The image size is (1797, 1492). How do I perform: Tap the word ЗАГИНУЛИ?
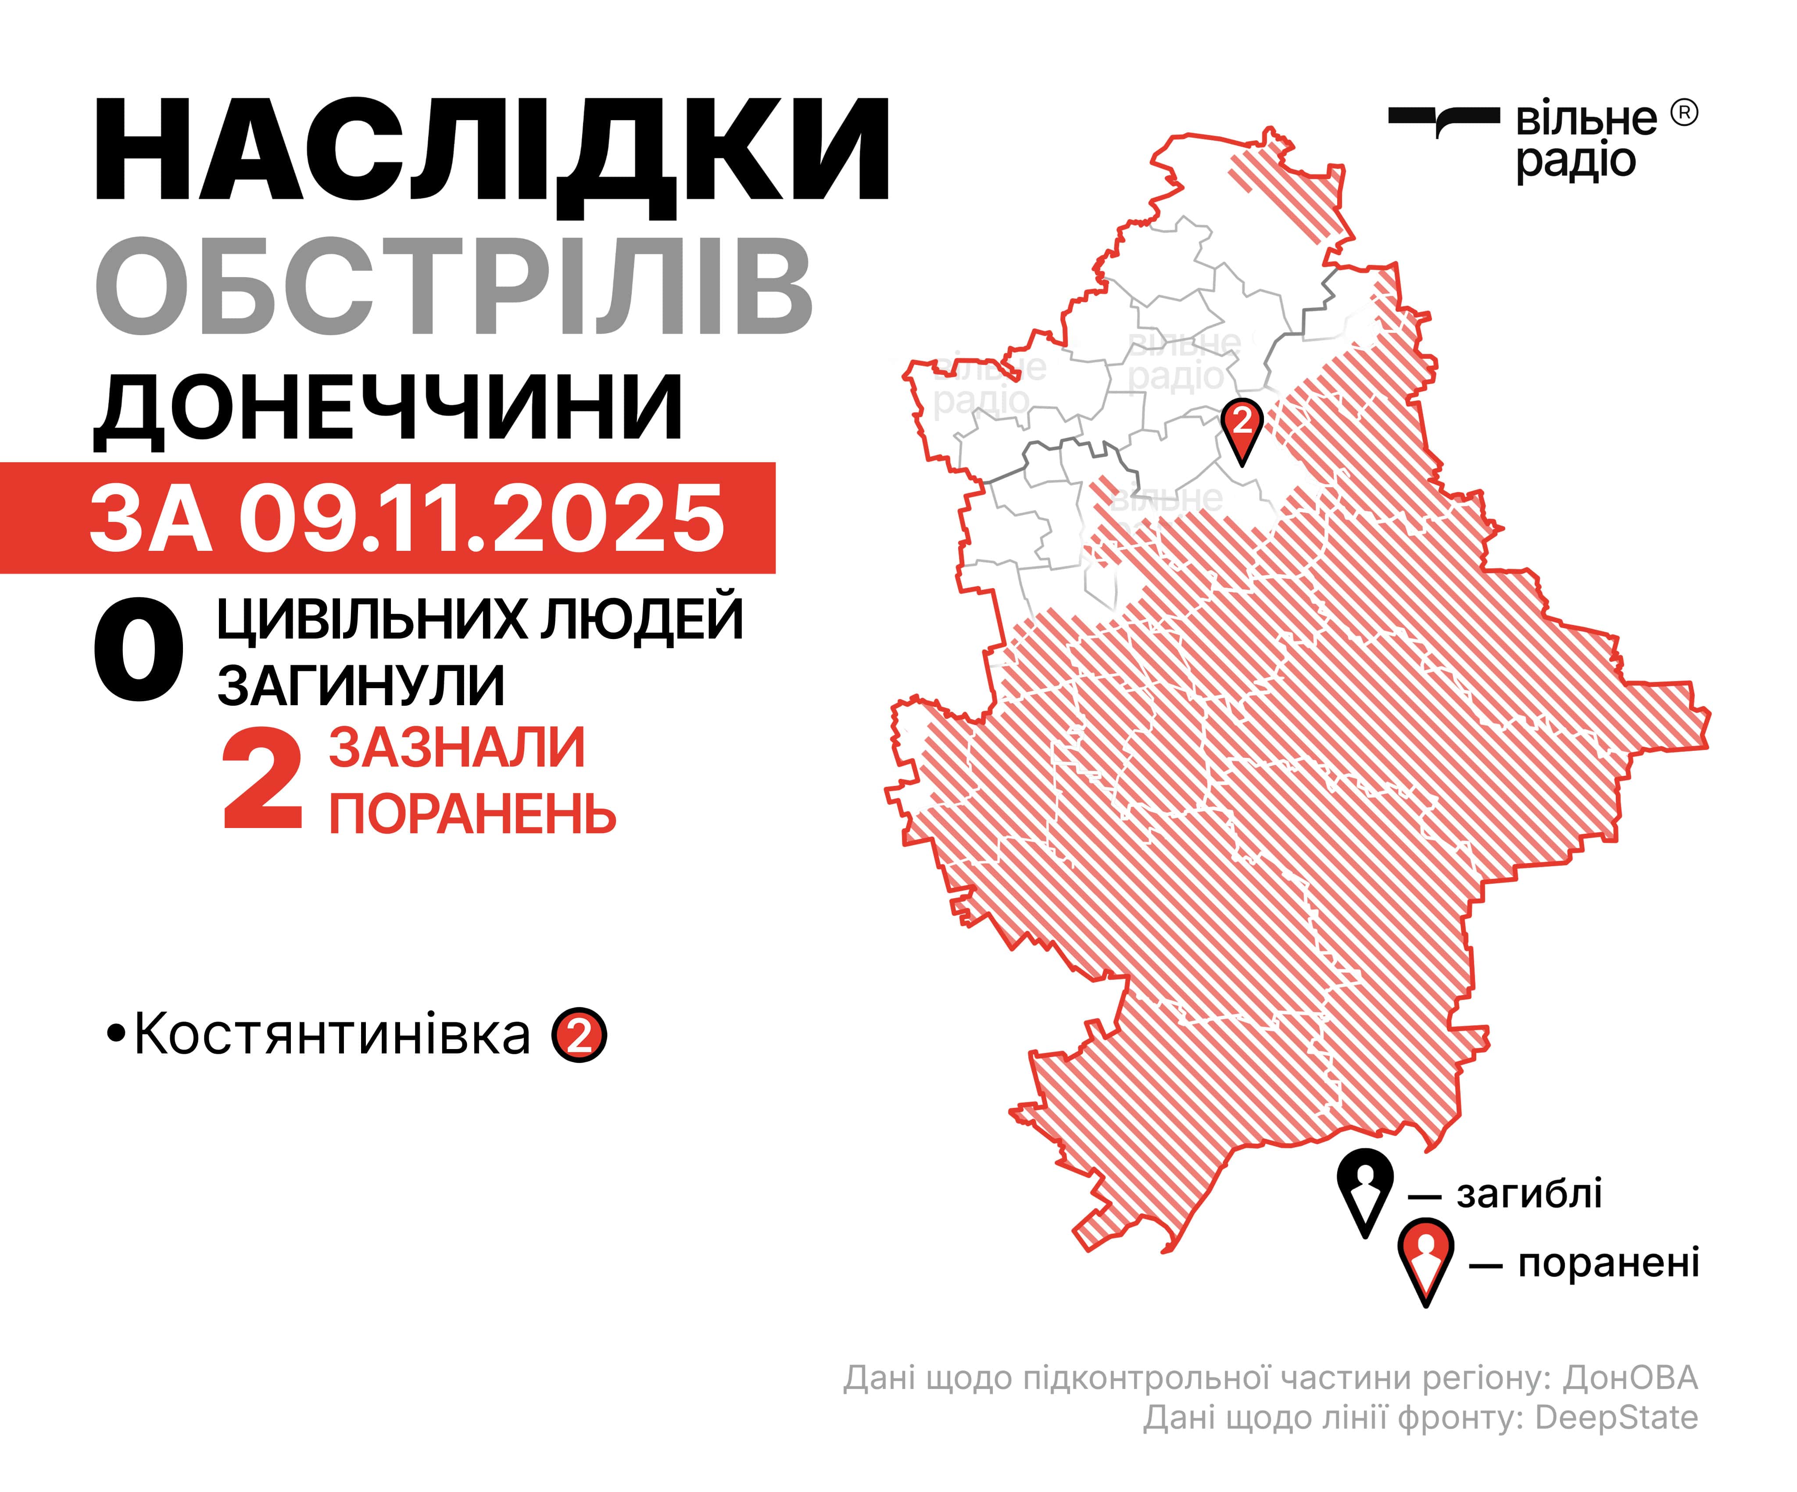coord(361,685)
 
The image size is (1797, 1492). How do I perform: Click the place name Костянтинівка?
coord(332,1035)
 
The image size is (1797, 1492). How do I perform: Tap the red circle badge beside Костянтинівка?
coord(579,1037)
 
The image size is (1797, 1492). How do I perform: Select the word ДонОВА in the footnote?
coord(1630,1378)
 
